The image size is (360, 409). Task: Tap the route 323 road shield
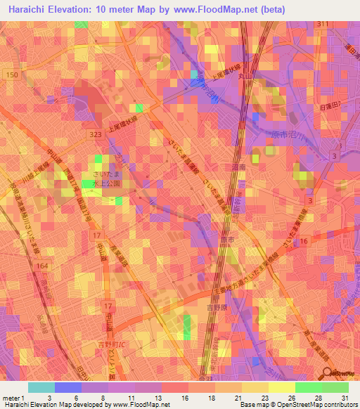pyautogui.click(x=96, y=134)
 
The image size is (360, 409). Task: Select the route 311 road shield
pyautogui.click(x=322, y=25)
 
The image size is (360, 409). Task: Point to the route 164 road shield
pyautogui.click(x=41, y=266)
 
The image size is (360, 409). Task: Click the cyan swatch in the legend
pyautogui.click(x=41, y=387)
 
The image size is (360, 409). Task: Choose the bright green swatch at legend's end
pyautogui.click(x=335, y=387)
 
